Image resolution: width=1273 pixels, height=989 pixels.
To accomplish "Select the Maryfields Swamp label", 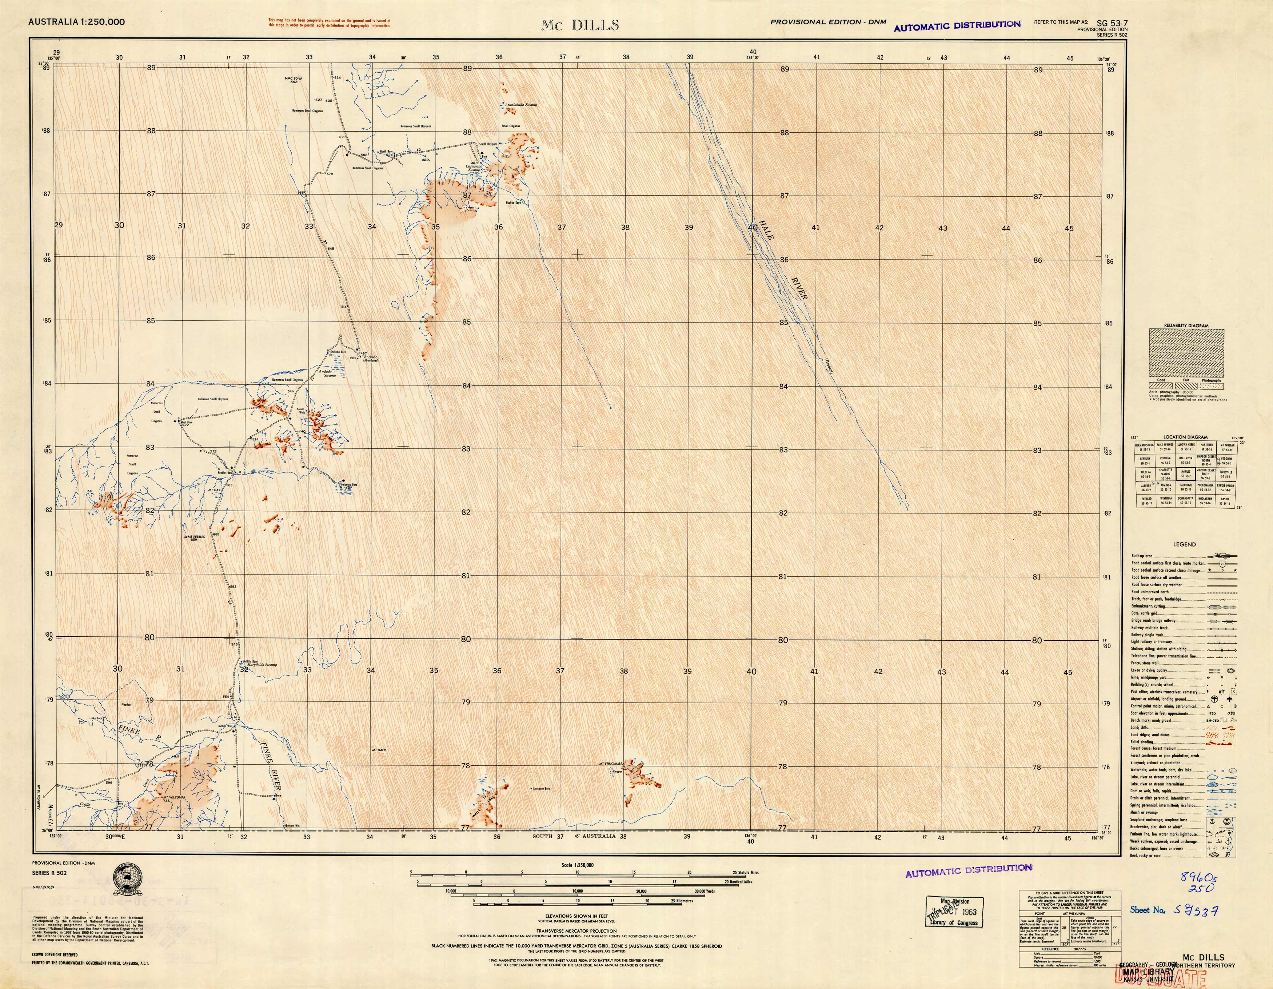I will pos(263,665).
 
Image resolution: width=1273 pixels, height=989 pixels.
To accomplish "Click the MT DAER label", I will pos(379,750).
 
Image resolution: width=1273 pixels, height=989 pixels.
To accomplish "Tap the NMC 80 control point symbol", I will pos(301,77).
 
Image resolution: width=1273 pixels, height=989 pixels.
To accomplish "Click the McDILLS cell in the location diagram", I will pos(1186,474).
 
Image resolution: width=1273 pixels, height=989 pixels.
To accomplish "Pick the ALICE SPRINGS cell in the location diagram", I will pos(1165,447).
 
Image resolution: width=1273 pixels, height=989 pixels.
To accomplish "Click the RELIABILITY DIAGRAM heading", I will pos(1186,326).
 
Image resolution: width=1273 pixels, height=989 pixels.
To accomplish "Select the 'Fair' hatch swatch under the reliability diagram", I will pos(1186,385).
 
